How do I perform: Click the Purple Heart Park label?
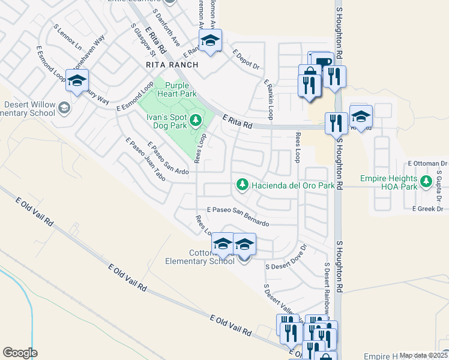point(177,90)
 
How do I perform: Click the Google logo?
point(20,353)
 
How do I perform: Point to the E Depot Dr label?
point(246,60)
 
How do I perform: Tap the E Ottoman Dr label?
point(427,163)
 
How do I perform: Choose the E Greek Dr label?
point(427,209)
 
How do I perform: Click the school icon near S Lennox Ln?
point(77,82)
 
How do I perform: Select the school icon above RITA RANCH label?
point(210,41)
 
